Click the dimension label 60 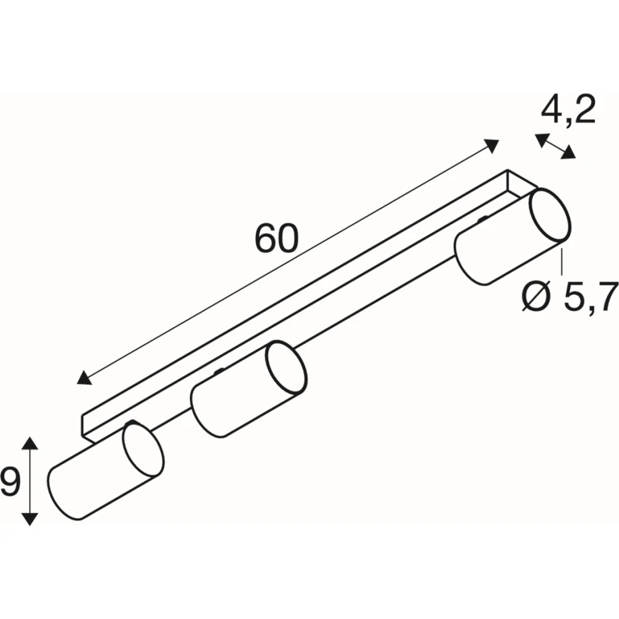[x=277, y=239]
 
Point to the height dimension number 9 [x=9, y=482]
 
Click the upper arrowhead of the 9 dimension [x=30, y=443]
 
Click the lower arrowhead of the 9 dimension [x=30, y=519]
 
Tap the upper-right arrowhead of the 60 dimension [x=491, y=145]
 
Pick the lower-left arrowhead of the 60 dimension [x=84, y=378]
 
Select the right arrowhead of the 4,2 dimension [x=569, y=152]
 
